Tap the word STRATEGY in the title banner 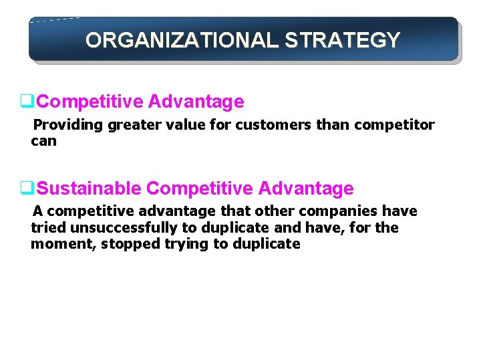[343, 40]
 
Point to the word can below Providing [43, 141]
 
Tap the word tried [46, 227]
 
